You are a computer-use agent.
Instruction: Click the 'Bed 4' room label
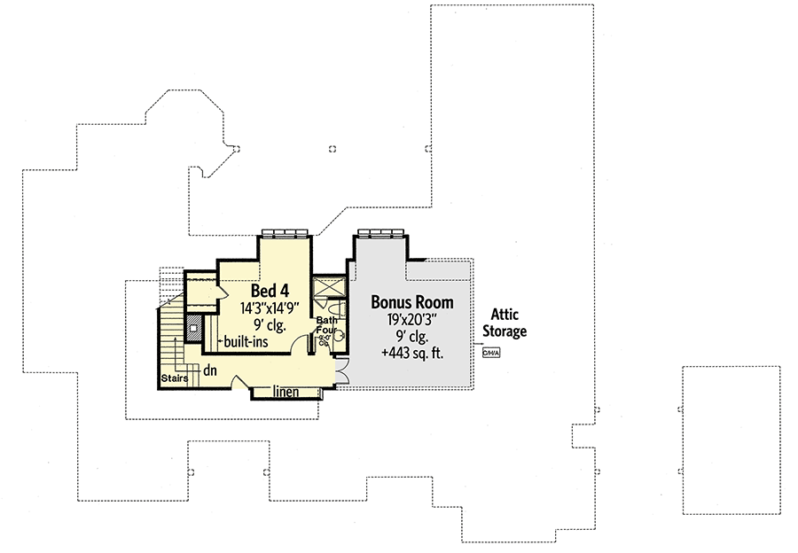(270, 291)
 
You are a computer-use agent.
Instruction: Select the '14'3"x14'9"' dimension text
(270, 308)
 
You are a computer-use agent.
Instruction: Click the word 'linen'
(285, 391)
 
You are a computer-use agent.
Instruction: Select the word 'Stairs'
(172, 378)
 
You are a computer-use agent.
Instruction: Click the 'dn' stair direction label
(210, 371)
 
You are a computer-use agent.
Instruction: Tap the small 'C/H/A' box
(491, 353)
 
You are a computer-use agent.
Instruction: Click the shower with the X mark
(330, 289)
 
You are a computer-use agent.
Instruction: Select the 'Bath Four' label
(326, 326)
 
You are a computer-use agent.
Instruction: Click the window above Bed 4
(285, 233)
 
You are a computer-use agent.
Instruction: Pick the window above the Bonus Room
(381, 233)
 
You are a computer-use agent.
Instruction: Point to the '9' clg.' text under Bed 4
(270, 325)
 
